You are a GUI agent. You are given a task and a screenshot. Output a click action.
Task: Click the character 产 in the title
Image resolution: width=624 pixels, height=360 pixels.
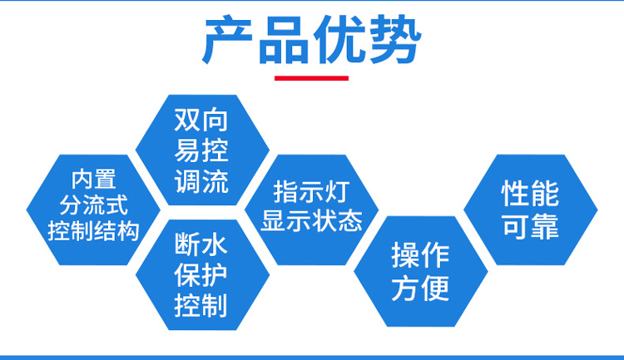pyautogui.click(x=228, y=39)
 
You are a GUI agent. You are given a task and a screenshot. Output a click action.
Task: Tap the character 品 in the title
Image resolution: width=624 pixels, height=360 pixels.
pyautogui.click(x=284, y=39)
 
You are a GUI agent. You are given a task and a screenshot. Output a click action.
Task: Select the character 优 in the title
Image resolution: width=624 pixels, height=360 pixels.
pyautogui.click(x=339, y=39)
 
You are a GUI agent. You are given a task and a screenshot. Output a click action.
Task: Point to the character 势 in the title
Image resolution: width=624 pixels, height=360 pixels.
pyautogui.click(x=395, y=39)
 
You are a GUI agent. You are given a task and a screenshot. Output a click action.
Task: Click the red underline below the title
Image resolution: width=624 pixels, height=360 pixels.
pyautogui.click(x=312, y=78)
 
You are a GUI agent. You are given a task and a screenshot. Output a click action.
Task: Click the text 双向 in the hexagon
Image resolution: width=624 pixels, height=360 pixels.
pyautogui.click(x=201, y=120)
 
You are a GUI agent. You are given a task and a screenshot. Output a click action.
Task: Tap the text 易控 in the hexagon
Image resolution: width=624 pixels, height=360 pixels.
pyautogui.click(x=201, y=150)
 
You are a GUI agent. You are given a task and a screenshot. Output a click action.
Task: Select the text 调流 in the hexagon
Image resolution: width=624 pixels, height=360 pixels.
pyautogui.click(x=201, y=181)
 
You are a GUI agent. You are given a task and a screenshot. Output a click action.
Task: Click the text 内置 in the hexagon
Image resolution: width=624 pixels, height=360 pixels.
pyautogui.click(x=93, y=179)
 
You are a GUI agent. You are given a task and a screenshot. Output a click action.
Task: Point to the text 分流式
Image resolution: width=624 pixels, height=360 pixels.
pyautogui.click(x=93, y=205)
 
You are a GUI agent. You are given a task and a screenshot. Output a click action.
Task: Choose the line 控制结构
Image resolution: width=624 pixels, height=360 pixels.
pyautogui.click(x=93, y=231)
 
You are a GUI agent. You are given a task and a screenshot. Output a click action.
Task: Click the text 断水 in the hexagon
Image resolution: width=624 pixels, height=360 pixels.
pyautogui.click(x=201, y=244)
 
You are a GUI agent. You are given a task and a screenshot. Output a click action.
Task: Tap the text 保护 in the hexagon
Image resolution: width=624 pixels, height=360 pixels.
pyautogui.click(x=201, y=274)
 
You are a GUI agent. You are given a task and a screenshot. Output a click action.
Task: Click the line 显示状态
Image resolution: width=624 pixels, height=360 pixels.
pyautogui.click(x=312, y=220)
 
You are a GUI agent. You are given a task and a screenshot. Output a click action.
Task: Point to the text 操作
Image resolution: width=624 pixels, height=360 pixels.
pyautogui.click(x=420, y=255)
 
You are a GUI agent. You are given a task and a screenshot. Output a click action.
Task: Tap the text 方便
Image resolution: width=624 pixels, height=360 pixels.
pyautogui.click(x=420, y=288)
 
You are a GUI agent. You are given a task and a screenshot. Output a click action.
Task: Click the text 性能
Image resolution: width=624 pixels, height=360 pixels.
pyautogui.click(x=531, y=194)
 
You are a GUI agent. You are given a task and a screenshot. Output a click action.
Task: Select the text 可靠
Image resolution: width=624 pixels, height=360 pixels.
pyautogui.click(x=531, y=226)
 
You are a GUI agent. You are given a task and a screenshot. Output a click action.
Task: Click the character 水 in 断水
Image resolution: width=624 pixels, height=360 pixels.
pyautogui.click(x=215, y=244)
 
